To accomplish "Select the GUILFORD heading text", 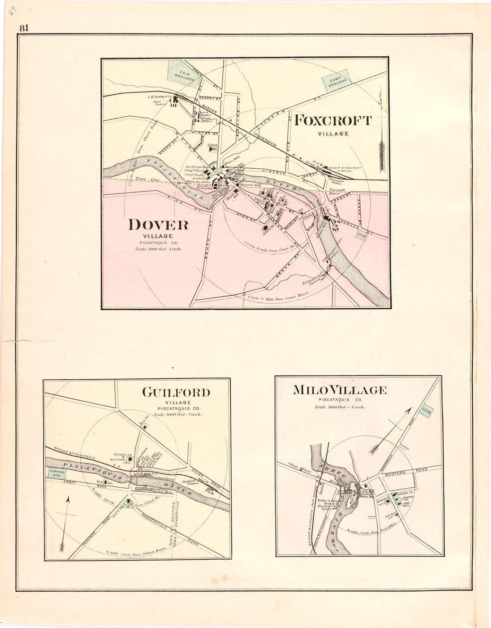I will tap(175, 393).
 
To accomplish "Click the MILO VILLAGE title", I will tap(339, 390).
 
